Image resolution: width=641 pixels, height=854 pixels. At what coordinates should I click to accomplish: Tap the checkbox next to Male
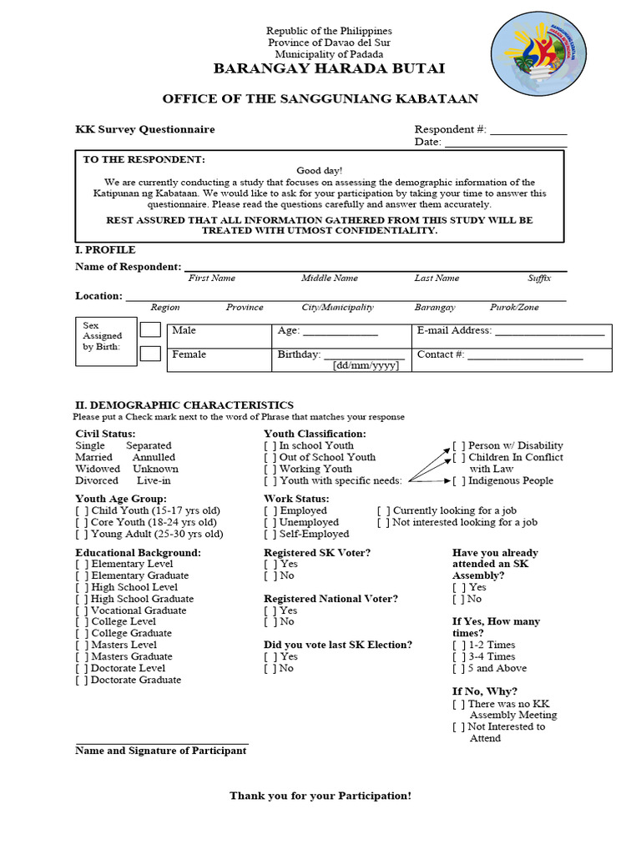[150, 330]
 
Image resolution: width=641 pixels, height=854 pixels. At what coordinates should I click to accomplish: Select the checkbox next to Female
[150, 354]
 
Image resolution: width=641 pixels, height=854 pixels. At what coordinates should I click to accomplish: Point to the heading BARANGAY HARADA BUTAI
[329, 68]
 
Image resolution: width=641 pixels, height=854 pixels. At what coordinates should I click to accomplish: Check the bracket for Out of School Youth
[270, 457]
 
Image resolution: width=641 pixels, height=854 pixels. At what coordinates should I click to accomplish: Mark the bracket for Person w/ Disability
[458, 445]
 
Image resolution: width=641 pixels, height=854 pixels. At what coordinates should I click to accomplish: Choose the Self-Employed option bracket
[270, 534]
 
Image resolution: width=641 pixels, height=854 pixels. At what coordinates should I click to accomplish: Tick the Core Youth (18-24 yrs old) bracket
[82, 522]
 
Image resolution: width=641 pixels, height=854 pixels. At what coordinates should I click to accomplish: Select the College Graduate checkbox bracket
[82, 633]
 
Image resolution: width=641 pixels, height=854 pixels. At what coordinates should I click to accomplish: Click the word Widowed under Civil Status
[98, 469]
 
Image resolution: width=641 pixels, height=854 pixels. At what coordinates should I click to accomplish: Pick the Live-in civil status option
[153, 480]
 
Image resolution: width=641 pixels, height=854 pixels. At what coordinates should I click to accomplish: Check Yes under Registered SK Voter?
[270, 565]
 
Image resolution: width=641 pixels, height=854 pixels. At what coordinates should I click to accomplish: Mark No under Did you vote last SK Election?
[270, 668]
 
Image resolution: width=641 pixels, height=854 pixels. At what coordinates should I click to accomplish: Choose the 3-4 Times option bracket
[458, 656]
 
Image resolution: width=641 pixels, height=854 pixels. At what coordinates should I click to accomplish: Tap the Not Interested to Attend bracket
[458, 726]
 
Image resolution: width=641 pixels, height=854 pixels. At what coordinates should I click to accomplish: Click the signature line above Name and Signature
[162, 742]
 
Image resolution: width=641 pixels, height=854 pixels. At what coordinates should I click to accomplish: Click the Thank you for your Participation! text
[320, 796]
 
